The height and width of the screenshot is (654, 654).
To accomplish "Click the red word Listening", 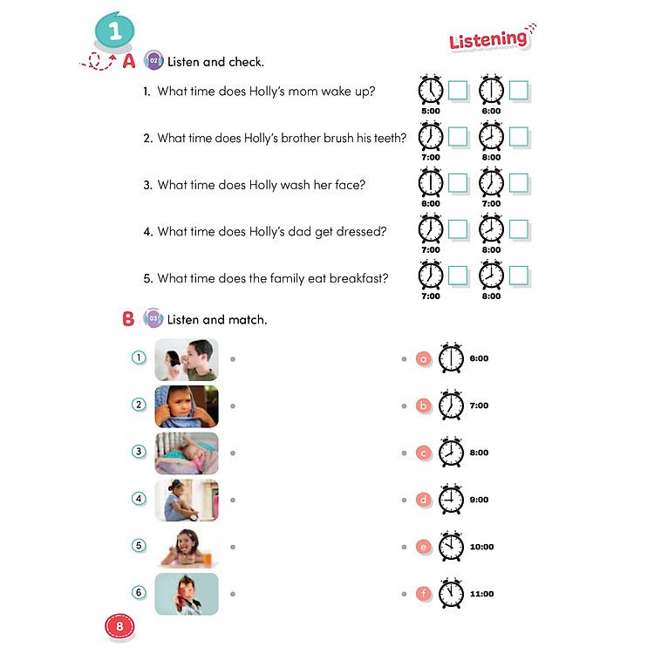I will pyautogui.click(x=488, y=39).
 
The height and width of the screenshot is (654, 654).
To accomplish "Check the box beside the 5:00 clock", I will pyautogui.click(x=459, y=91).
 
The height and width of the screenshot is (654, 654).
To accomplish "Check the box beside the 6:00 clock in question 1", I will pyautogui.click(x=520, y=91).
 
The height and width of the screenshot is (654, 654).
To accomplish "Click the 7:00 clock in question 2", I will pyautogui.click(x=431, y=137).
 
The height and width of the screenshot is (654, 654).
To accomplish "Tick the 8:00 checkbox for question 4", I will pyautogui.click(x=520, y=229).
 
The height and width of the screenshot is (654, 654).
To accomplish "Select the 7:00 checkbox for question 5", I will pyautogui.click(x=459, y=276).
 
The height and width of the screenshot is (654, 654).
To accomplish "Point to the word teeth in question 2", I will pyautogui.click(x=389, y=137).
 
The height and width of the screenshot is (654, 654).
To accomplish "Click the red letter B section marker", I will pyautogui.click(x=128, y=319).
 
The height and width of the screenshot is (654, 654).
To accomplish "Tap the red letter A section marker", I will pyautogui.click(x=128, y=61).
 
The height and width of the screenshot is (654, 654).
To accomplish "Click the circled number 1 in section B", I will pyautogui.click(x=138, y=358).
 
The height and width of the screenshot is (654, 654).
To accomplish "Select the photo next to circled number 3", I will pyautogui.click(x=187, y=453).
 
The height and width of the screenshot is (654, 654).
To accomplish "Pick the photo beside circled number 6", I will pyautogui.click(x=187, y=594).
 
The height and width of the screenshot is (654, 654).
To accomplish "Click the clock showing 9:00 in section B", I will pyautogui.click(x=451, y=500).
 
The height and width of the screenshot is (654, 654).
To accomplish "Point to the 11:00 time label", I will pyautogui.click(x=481, y=595).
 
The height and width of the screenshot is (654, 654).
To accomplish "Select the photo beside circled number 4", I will pyautogui.click(x=187, y=500).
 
